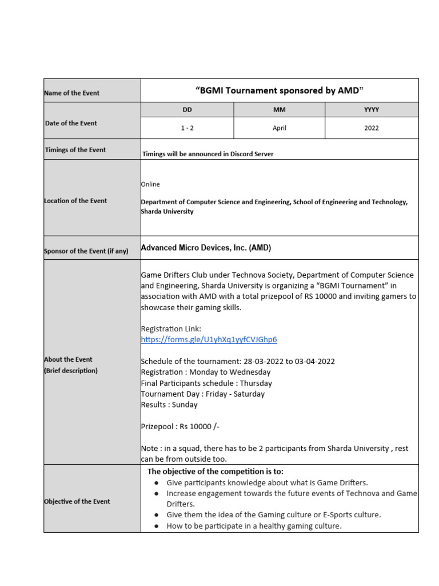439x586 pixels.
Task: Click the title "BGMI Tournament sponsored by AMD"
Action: coord(280,90)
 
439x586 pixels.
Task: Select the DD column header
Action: coord(187,109)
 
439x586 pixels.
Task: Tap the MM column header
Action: coord(279,109)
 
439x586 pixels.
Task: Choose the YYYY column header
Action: coord(372,109)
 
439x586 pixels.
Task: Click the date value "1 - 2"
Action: coord(187,128)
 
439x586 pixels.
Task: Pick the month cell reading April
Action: coord(279,128)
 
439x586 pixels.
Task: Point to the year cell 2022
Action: coord(372,128)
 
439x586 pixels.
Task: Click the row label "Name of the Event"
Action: coord(72,93)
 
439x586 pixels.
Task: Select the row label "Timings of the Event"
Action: coord(75,150)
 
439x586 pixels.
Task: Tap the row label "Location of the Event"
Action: coord(75,201)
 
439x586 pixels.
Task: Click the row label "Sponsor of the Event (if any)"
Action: coord(86,251)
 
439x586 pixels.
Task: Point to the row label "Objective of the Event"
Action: coord(77,501)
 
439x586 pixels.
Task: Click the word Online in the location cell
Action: coord(150,184)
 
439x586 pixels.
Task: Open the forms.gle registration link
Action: coord(209,339)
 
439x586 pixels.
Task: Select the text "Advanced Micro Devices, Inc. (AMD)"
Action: coord(206,248)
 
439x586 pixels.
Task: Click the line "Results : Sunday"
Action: coord(169,405)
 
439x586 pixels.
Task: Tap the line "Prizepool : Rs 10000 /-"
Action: coord(180,426)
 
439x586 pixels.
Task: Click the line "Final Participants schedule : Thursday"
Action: coord(206,383)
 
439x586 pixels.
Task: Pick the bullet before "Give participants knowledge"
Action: coord(157,483)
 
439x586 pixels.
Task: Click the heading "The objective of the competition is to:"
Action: coord(215,472)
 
